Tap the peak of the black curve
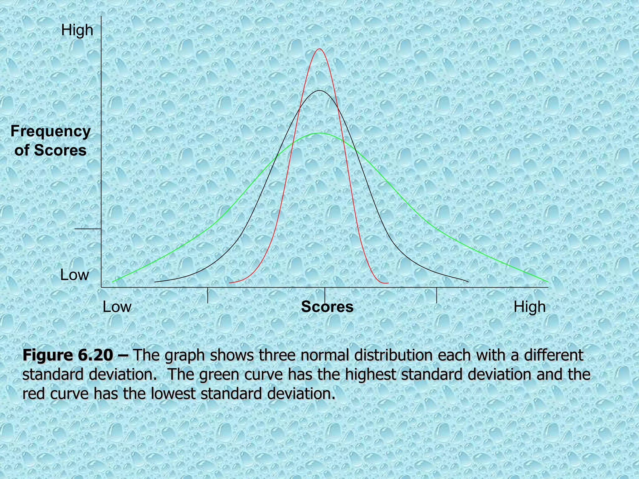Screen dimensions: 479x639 319,91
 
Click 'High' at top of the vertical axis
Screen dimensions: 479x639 77,30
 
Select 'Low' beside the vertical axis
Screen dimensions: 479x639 75,275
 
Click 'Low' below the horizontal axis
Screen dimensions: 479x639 117,307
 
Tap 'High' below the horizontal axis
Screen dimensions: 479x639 529,307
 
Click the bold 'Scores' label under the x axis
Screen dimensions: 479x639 327,307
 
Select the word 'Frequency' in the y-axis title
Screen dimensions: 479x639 51,131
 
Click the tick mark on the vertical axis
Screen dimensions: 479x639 88,229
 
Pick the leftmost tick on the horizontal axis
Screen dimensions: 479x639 207,295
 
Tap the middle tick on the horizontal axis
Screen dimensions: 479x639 325,295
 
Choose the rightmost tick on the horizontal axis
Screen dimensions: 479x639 437,295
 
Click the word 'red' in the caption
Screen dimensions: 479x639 34,394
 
